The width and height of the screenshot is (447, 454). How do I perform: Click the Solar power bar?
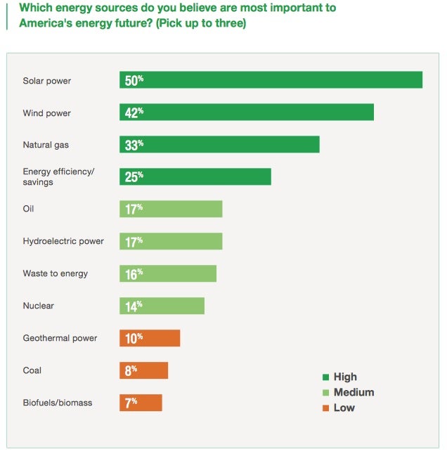click(x=271, y=80)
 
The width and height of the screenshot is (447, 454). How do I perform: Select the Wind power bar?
click(x=246, y=112)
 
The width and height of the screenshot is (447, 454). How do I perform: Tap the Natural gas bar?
click(x=219, y=144)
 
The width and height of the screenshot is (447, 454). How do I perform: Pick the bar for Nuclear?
click(x=162, y=306)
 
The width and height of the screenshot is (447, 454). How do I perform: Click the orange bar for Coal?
click(x=143, y=370)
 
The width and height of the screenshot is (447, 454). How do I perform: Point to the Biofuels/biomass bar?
click(x=141, y=403)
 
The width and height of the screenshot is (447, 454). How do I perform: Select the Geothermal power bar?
click(x=150, y=338)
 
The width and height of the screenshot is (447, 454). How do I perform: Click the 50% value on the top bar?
click(x=134, y=80)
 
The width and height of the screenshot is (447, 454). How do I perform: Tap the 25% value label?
click(x=134, y=176)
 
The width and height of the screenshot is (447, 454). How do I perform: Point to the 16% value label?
click(x=134, y=273)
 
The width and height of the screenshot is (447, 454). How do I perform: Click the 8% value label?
click(x=131, y=370)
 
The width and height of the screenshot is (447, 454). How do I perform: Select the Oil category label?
click(x=29, y=209)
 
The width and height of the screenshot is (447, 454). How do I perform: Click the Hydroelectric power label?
click(x=63, y=241)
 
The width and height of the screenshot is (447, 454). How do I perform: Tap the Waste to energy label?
click(x=56, y=273)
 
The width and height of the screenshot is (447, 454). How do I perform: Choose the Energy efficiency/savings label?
click(x=58, y=176)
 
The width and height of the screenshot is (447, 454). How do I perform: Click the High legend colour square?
click(x=325, y=377)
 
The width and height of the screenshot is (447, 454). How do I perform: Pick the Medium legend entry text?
click(x=354, y=392)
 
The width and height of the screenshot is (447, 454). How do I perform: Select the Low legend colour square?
click(x=325, y=408)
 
